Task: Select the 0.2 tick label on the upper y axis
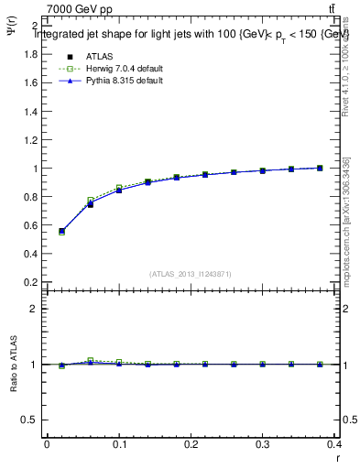pos(31,282)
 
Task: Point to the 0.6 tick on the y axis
pos(31,225)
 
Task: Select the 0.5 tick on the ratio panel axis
pos(31,420)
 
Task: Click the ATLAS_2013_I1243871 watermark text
pos(191,273)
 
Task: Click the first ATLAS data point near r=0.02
pos(61,232)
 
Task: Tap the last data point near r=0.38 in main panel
pos(320,168)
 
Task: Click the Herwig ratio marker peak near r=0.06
pos(90,360)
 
